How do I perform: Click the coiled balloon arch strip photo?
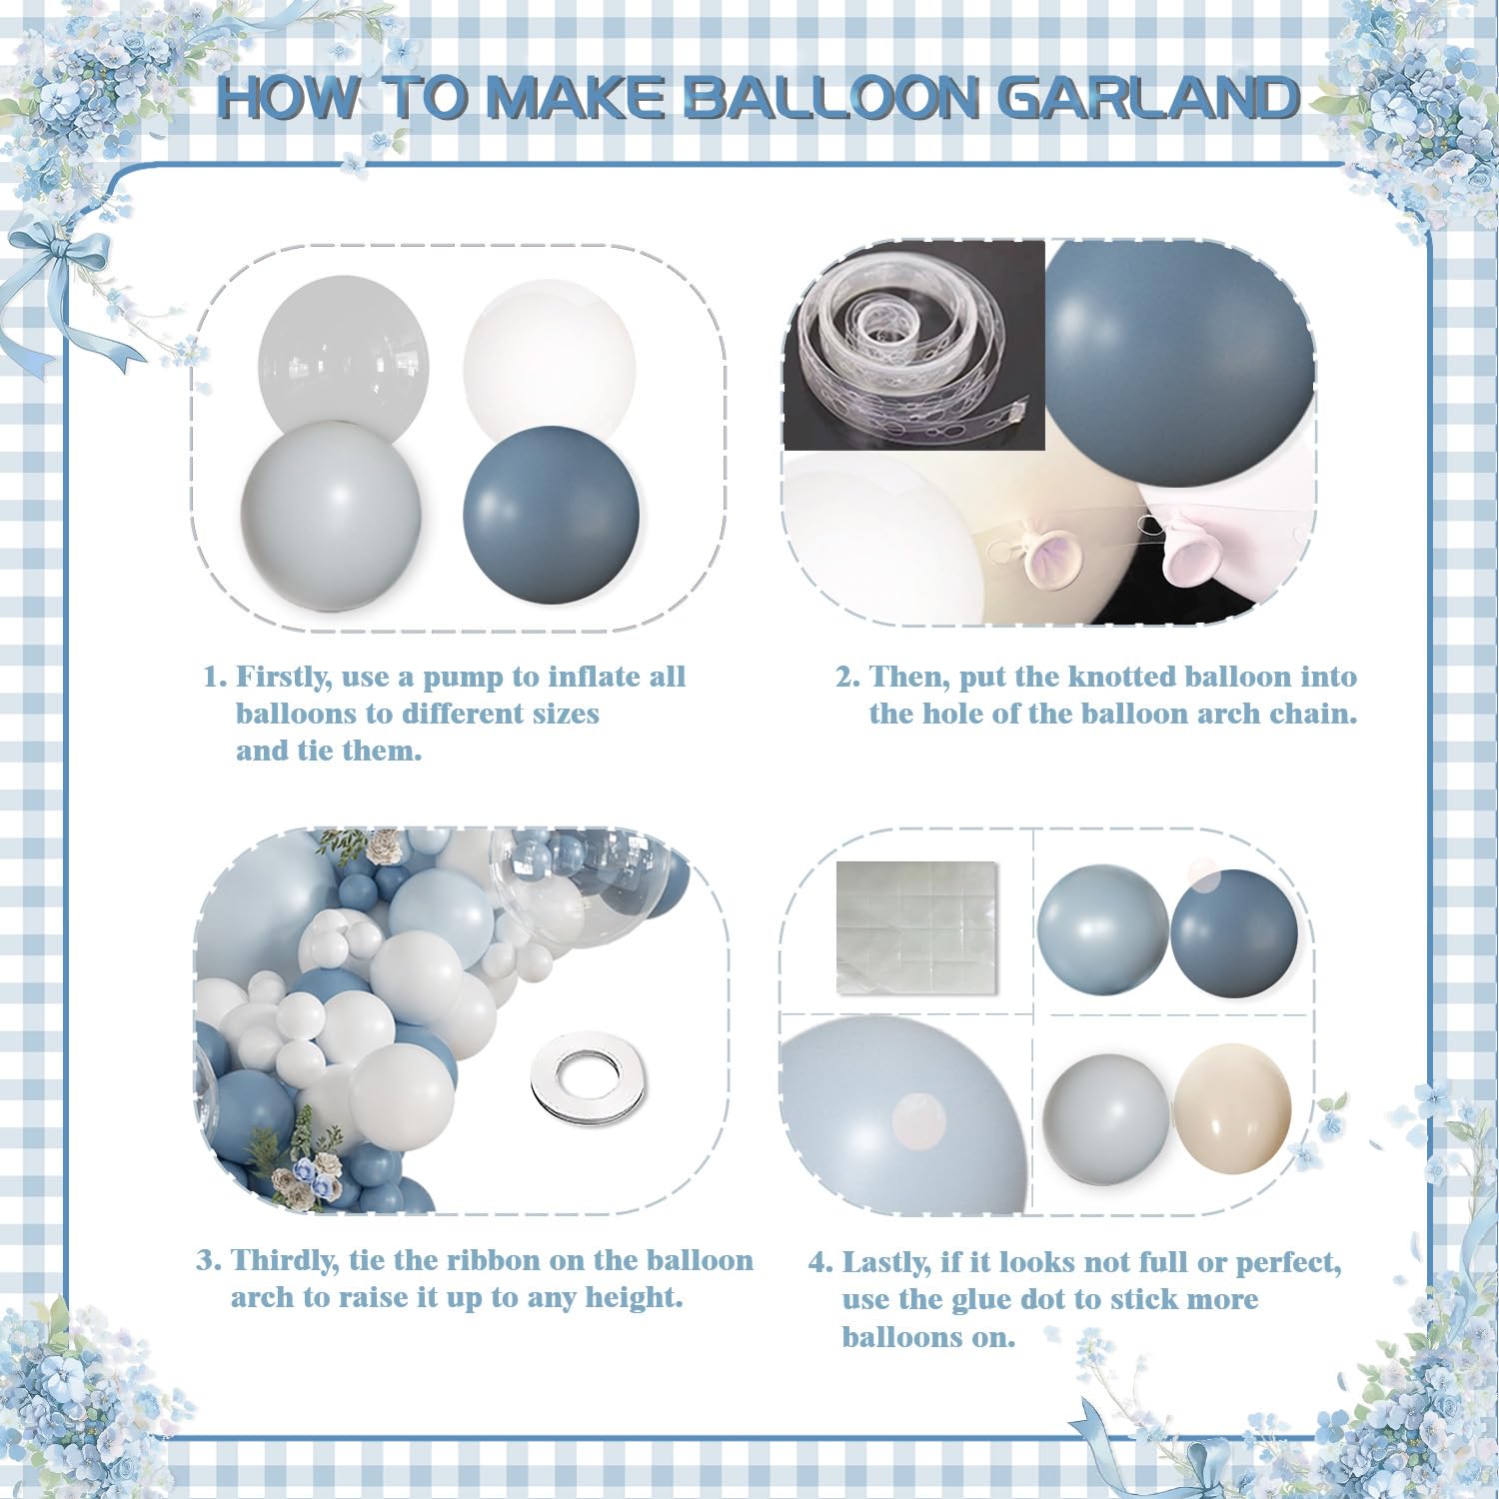[913, 345]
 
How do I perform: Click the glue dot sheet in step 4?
[916, 927]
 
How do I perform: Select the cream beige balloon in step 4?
[1232, 1110]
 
